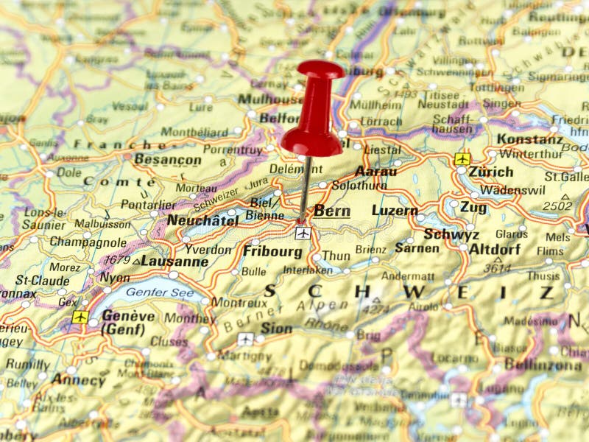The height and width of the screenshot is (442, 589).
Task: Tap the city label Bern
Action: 331,211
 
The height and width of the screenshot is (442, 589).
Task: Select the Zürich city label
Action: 490,172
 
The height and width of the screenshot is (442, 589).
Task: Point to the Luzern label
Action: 395,211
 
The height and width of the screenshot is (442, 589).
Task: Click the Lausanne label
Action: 174,261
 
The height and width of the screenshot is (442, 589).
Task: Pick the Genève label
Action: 128,315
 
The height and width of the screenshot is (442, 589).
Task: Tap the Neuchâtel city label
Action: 202,220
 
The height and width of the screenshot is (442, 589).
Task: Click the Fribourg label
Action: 272,251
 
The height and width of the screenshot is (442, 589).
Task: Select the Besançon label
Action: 168,160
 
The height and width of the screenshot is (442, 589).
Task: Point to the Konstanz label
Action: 529,138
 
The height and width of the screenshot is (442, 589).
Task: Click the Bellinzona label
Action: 544,365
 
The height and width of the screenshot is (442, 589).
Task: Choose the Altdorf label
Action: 495,249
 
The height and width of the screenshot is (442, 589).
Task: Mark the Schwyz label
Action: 451,234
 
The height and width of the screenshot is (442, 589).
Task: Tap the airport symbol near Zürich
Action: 462,158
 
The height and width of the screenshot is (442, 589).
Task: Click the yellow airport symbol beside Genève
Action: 80,317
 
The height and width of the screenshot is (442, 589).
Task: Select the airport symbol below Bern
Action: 302,233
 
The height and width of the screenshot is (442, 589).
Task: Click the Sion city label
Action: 276,329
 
